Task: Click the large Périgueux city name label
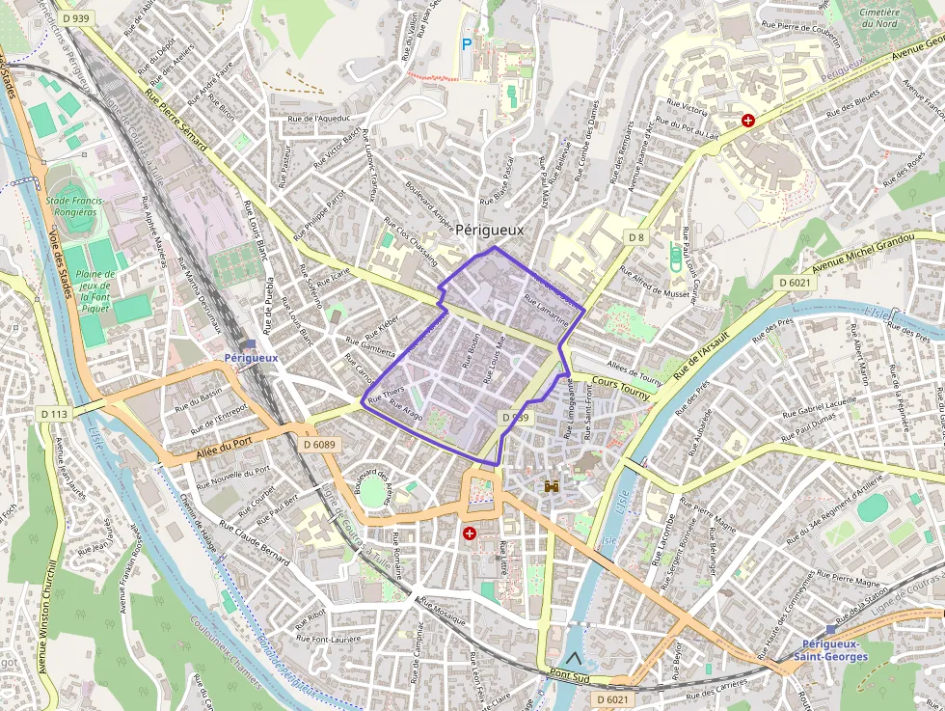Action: (489, 230)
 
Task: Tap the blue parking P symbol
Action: (467, 43)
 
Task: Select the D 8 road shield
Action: (635, 236)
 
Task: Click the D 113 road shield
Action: (55, 413)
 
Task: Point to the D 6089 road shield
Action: (319, 445)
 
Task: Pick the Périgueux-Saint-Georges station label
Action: (830, 650)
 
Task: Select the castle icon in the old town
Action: (552, 486)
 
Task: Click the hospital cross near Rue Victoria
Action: (747, 121)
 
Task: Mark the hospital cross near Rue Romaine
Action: (470, 533)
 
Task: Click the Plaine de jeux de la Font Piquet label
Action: (94, 292)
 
